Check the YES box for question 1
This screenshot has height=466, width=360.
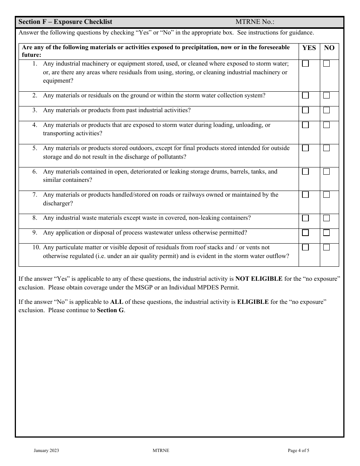click(305, 64)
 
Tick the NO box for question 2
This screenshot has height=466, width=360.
click(326, 95)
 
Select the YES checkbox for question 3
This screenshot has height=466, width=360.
click(305, 110)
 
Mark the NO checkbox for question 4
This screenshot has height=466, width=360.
click(326, 125)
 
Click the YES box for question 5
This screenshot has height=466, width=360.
click(305, 148)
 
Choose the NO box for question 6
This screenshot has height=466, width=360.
click(326, 172)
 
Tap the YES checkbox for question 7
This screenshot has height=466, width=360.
click(305, 195)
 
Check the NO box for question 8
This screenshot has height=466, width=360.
click(326, 218)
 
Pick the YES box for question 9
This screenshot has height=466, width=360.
click(305, 233)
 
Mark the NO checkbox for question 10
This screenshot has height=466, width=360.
click(326, 247)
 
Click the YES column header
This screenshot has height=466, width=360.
click(309, 48)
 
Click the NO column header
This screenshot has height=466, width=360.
click(329, 48)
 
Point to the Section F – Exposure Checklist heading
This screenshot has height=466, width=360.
click(65, 22)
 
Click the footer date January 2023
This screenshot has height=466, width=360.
click(46, 450)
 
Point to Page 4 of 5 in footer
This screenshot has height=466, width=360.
click(299, 450)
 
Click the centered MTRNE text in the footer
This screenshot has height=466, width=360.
click(161, 450)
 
